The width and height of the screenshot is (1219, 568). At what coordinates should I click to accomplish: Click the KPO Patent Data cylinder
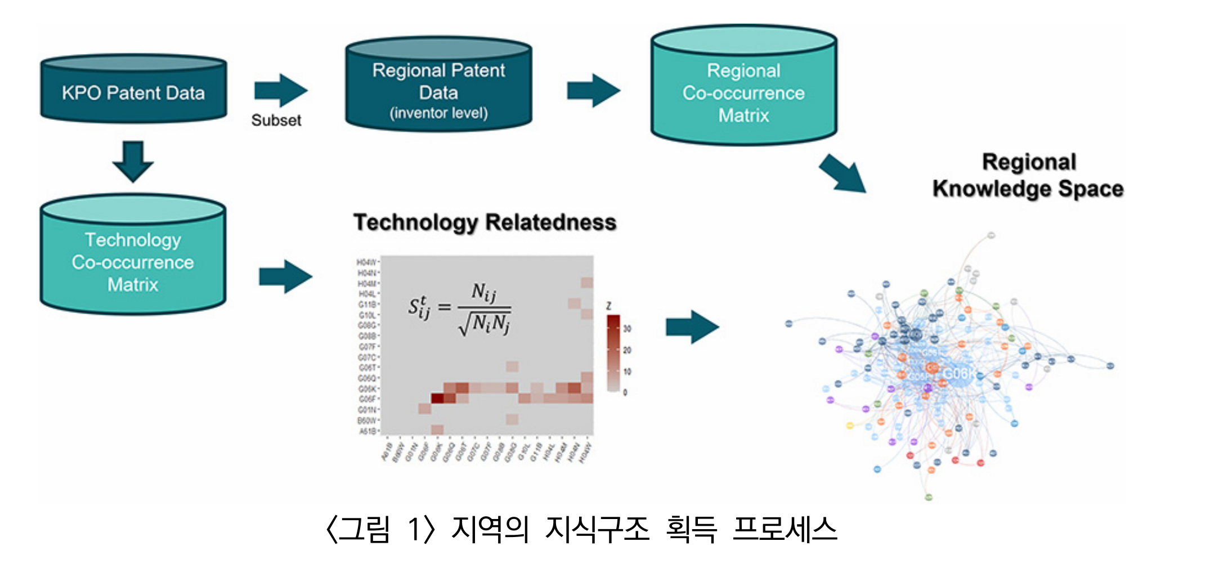(x=133, y=90)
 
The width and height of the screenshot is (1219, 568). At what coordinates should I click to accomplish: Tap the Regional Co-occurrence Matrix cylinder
(x=743, y=87)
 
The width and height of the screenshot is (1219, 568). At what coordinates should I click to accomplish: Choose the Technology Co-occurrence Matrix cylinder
(x=133, y=257)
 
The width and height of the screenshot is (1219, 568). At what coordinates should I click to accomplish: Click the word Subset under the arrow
(x=276, y=120)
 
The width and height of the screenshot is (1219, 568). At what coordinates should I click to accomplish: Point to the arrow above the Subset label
(x=280, y=90)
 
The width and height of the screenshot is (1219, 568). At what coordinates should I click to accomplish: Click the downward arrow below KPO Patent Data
(x=133, y=161)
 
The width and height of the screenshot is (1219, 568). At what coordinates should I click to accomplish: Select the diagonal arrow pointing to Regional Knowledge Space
(x=842, y=174)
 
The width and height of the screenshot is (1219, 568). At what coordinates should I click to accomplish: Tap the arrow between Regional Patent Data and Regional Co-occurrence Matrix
(x=593, y=90)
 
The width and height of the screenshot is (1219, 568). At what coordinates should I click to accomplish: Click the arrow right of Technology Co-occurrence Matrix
(x=285, y=276)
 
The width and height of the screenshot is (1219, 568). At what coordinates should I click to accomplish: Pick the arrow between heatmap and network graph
(x=692, y=327)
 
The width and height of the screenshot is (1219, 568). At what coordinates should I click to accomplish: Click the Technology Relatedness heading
(x=485, y=222)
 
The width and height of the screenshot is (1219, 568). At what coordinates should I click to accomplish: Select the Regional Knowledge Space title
(x=1028, y=175)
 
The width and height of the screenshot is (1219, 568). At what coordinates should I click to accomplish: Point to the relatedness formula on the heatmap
(x=460, y=309)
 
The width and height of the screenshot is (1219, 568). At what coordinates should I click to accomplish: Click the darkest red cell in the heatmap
(x=437, y=399)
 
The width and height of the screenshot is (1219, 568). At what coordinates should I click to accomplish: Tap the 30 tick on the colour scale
(x=627, y=329)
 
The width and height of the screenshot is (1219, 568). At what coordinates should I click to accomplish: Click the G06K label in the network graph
(x=958, y=374)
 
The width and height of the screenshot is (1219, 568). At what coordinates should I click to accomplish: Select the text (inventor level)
(x=438, y=113)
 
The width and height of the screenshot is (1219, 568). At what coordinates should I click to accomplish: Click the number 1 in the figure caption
(x=414, y=530)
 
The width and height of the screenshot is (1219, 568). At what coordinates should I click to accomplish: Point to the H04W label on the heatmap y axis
(x=366, y=262)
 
